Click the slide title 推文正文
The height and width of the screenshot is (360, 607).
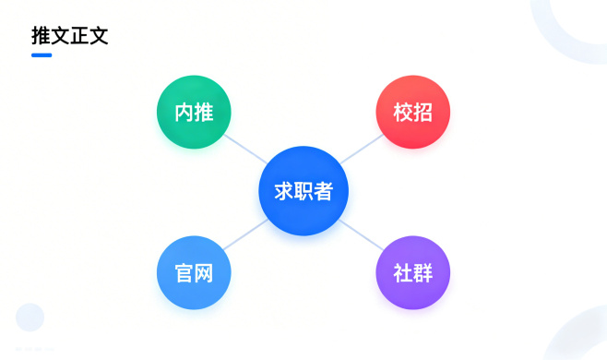point(70,37)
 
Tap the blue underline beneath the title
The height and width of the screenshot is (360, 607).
point(42,55)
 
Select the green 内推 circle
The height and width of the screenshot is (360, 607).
point(194,113)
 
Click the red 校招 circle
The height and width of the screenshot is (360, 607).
point(412,113)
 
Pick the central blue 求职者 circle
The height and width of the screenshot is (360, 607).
point(303,191)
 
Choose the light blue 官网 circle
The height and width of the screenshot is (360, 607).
point(194,272)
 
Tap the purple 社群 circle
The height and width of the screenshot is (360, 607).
point(412,272)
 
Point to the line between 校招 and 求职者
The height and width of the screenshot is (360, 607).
point(363,149)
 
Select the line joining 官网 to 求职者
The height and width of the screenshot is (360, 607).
point(244,235)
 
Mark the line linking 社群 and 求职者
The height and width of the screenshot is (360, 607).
point(362,234)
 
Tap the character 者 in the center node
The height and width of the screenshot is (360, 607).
point(324,191)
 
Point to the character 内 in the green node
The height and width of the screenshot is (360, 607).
point(184,113)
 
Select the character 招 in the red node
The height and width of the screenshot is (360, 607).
point(423,113)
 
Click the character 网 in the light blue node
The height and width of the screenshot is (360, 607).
point(204,272)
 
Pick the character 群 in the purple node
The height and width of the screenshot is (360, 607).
point(423,272)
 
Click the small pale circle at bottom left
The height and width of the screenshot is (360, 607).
point(30,317)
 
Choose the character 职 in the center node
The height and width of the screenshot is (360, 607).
point(303,191)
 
